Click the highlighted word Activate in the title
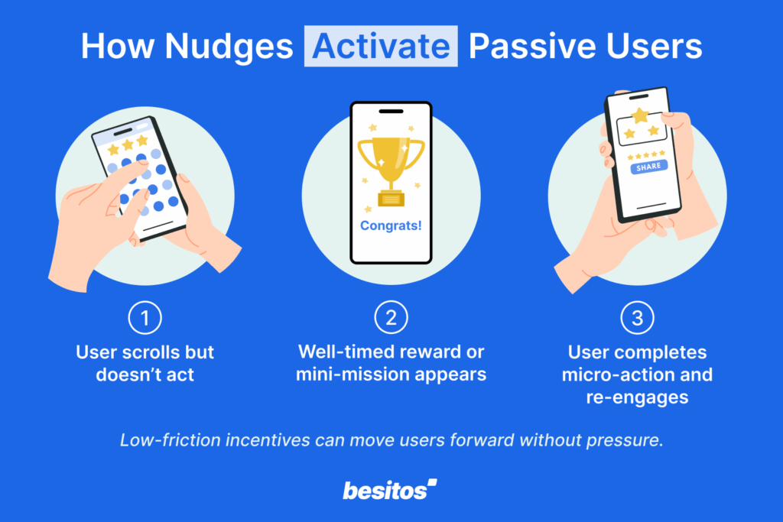coord(381,47)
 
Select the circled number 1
coord(145,319)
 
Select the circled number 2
coord(391,319)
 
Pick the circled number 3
coord(637,319)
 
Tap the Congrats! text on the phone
coord(391,226)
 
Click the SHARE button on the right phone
coord(648,167)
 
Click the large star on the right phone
coord(640,115)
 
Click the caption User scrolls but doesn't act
coord(145,364)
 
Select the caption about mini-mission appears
coord(391,364)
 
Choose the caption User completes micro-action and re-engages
coord(637,375)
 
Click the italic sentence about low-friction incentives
coord(391,441)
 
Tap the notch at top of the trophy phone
coord(391,112)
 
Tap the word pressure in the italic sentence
coord(631,441)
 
